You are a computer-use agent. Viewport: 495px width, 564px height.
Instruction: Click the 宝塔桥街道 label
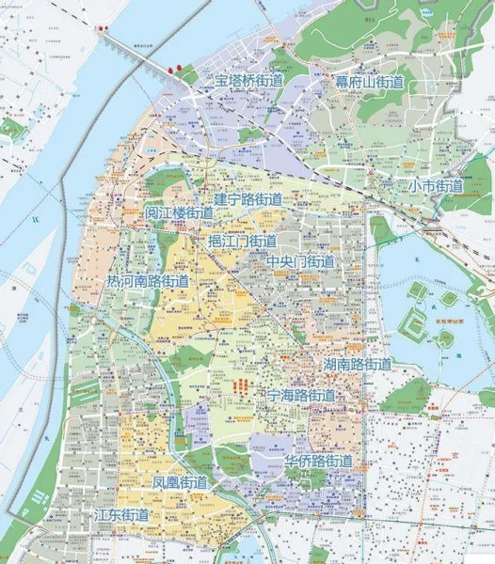(248, 82)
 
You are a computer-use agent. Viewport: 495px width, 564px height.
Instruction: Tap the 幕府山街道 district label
(369, 83)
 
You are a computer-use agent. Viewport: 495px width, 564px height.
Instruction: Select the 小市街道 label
(435, 186)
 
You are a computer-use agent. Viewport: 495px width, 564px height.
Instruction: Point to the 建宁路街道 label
(247, 199)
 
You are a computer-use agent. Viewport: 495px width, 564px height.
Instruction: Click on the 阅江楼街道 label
(179, 214)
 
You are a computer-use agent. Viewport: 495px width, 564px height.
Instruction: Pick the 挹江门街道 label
(242, 242)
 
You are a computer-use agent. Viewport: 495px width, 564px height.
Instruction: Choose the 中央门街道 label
(300, 261)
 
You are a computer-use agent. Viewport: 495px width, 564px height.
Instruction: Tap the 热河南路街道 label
(148, 281)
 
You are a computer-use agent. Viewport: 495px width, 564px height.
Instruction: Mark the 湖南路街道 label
(358, 364)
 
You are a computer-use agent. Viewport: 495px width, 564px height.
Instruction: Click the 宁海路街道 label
(300, 395)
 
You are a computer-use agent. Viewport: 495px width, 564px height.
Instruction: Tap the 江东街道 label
(121, 515)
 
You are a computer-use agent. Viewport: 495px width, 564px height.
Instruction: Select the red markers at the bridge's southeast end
(173, 68)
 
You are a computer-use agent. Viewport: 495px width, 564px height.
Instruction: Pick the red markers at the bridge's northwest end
(101, 28)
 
